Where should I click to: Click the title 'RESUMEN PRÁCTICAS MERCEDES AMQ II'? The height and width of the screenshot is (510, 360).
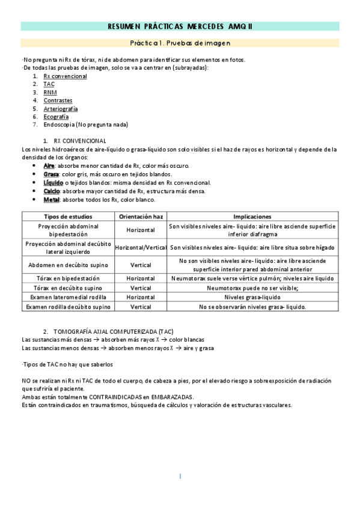pyautogui.click(x=180, y=26)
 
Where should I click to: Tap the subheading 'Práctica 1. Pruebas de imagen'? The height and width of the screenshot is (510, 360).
pyautogui.click(x=180, y=43)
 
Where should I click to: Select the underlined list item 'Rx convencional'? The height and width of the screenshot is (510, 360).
pyautogui.click(x=65, y=76)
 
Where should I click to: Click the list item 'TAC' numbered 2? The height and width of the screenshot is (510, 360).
pyautogui.click(x=49, y=84)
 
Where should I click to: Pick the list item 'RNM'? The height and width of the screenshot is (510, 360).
pyautogui.click(x=50, y=93)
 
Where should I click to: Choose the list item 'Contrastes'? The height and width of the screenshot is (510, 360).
pyautogui.click(x=58, y=100)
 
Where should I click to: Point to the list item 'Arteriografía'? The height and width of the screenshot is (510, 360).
pyautogui.click(x=61, y=109)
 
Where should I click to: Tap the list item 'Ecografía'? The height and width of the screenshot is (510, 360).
pyautogui.click(x=56, y=117)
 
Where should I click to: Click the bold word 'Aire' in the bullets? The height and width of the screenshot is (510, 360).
pyautogui.click(x=49, y=165)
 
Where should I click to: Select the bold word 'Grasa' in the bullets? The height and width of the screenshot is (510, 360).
pyautogui.click(x=51, y=174)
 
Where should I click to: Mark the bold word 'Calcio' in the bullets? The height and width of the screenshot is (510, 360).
pyautogui.click(x=52, y=191)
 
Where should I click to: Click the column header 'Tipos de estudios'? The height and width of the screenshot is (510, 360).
pyautogui.click(x=68, y=217)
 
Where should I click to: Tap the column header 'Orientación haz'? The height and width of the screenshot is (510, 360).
pyautogui.click(x=141, y=217)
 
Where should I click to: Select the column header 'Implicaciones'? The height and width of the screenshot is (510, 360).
pyautogui.click(x=252, y=217)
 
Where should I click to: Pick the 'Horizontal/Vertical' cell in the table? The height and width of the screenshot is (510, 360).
pyautogui.click(x=141, y=247)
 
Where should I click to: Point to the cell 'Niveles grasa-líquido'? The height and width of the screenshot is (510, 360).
pyautogui.click(x=252, y=297)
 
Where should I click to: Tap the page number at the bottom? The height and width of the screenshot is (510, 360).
pyautogui.click(x=180, y=476)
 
